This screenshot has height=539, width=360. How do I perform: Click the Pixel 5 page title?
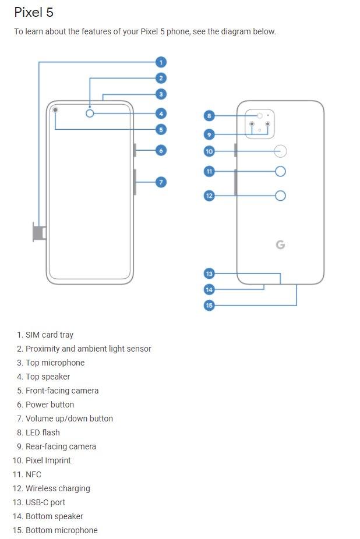tap(34, 12)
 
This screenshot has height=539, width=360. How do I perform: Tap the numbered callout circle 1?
tap(161, 62)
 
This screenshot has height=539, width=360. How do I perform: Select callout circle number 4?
tap(161, 114)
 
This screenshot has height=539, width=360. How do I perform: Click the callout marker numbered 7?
tap(161, 182)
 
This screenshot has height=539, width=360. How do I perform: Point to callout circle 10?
tap(209, 151)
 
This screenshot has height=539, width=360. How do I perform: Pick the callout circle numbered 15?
tap(209, 305)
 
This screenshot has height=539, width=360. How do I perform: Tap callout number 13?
tap(209, 273)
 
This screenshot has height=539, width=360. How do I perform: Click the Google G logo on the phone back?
tap(280, 245)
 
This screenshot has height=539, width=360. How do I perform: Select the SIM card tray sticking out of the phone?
tap(39, 232)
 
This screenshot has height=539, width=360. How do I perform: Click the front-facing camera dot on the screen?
tap(55, 110)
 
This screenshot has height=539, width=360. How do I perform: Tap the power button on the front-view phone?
tap(135, 150)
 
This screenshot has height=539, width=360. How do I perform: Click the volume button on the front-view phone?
tap(135, 182)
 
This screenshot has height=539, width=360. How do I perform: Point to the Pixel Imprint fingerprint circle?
tap(280, 151)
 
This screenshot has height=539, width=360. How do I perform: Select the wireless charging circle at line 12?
tap(280, 196)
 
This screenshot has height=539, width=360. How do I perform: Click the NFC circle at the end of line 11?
tap(280, 171)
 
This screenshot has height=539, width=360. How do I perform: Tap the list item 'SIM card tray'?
tap(50, 335)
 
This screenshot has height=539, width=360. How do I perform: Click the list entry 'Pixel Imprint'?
tap(48, 460)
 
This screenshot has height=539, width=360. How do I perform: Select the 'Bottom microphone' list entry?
tap(62, 530)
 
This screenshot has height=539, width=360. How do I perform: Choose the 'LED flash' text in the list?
tap(43, 432)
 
